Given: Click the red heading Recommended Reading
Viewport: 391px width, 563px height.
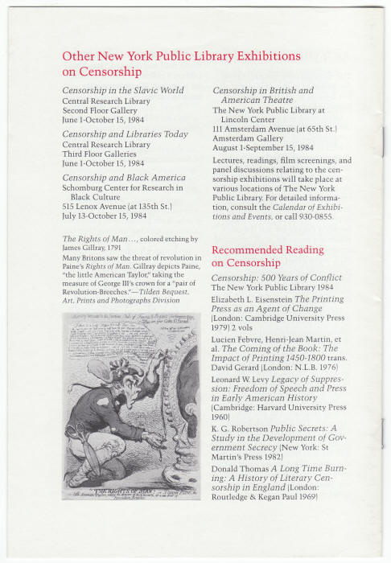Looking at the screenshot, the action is pos(268,249).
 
